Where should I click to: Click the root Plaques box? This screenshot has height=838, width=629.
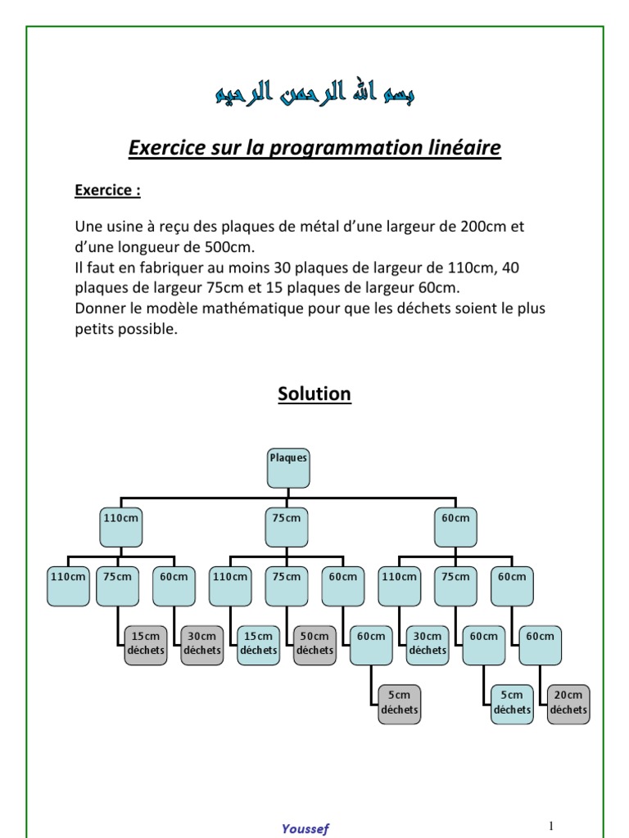coord(287,466)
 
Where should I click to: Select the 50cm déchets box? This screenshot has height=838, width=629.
coord(314,643)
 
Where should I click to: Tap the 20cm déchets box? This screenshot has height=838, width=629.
coord(568,703)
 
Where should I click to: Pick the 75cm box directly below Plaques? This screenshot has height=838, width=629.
coord(287,526)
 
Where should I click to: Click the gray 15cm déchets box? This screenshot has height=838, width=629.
coord(145,643)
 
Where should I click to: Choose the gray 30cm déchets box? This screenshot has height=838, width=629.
coord(201,643)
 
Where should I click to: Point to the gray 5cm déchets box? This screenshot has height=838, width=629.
coord(399,703)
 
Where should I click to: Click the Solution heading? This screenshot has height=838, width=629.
coord(314,394)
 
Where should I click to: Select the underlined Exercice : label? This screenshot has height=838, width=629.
coord(107,191)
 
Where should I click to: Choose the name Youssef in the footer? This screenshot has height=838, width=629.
coord(305,828)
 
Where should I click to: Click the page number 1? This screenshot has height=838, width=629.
coord(552,825)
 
